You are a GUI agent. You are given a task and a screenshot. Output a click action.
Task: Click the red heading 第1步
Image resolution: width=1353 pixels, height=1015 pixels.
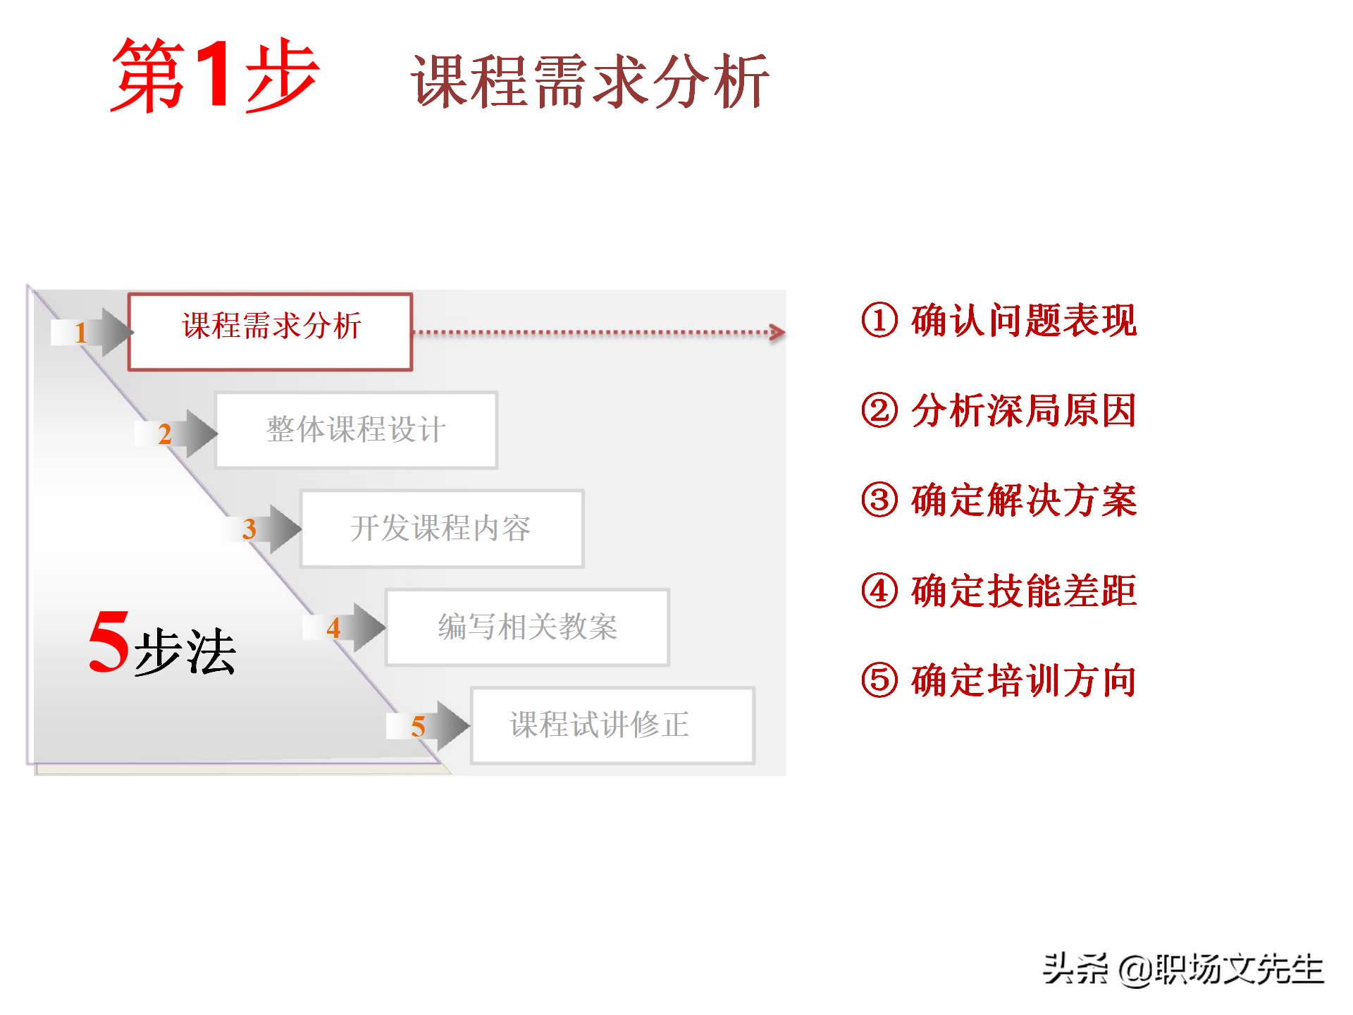click(x=215, y=75)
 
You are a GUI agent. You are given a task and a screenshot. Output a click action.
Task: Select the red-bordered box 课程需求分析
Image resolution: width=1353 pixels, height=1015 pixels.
click(x=271, y=331)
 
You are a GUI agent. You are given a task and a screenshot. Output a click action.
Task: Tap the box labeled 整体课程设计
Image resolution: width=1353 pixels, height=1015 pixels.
click(x=356, y=429)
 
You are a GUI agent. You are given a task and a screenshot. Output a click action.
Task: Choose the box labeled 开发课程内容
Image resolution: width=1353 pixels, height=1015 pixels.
click(x=441, y=528)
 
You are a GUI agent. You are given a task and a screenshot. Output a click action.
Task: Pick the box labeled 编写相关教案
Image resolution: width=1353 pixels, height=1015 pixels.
click(x=527, y=627)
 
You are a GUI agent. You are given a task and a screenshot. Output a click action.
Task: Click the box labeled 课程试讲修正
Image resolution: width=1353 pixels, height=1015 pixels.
click(x=612, y=725)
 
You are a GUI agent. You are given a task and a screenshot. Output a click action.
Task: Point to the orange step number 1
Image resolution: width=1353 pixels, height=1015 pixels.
click(x=80, y=332)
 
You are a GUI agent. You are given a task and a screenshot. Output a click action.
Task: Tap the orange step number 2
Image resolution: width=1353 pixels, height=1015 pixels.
click(x=165, y=434)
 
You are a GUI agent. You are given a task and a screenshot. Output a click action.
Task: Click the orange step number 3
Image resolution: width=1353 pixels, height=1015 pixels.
click(x=249, y=529)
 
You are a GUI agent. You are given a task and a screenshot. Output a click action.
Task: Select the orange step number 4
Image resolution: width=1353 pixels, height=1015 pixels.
click(x=333, y=628)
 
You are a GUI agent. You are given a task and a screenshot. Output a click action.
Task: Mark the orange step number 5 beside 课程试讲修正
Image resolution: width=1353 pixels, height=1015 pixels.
click(x=418, y=727)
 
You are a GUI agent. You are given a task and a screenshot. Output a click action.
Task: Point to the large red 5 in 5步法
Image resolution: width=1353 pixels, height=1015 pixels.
click(x=109, y=641)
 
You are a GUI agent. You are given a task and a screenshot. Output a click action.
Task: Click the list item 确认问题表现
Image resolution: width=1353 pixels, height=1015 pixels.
click(x=1023, y=320)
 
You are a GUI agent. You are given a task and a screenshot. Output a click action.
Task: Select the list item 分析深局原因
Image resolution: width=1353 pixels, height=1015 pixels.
click(x=1023, y=410)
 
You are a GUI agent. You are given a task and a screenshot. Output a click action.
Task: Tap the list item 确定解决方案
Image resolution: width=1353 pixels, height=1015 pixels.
click(x=1023, y=500)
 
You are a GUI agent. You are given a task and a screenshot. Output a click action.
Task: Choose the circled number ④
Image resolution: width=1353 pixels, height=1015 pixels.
click(x=879, y=591)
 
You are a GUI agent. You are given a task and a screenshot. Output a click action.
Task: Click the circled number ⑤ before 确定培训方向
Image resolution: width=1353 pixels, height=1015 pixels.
click(x=879, y=680)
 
